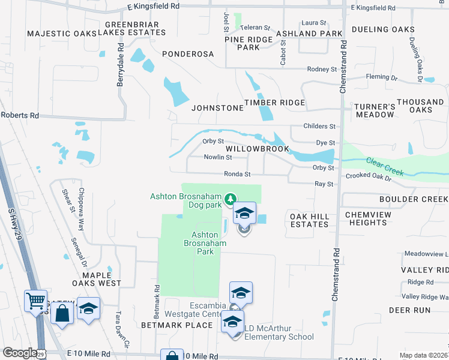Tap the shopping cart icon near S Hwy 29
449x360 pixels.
pyautogui.click(x=35, y=299)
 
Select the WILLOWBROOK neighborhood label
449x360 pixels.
pyautogui.click(x=258, y=149)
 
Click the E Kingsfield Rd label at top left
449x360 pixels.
pyautogui.click(x=153, y=6)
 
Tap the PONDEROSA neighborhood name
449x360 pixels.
pyautogui.click(x=188, y=53)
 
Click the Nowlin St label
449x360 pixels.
pyautogui.click(x=217, y=157)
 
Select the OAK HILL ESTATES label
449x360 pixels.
pyautogui.click(x=309, y=220)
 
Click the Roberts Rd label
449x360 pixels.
pyautogui.click(x=19, y=115)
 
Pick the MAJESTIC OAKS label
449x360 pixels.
pyautogui.click(x=62, y=33)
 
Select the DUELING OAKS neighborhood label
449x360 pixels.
pyautogui.click(x=391, y=29)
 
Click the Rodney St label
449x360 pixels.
pyautogui.click(x=322, y=70)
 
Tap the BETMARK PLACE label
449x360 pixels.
pyautogui.click(x=177, y=325)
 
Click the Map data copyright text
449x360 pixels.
pyautogui.click(x=423, y=355)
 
